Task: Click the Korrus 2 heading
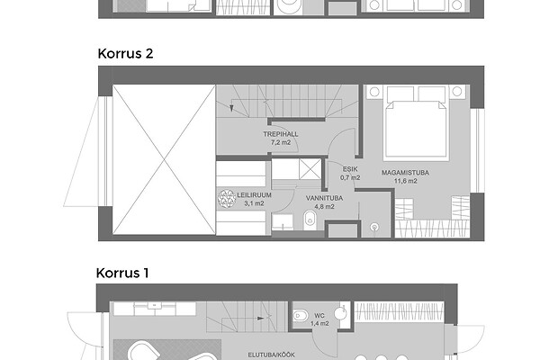[x=125, y=54]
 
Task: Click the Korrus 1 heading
[x=122, y=274]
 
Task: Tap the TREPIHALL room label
[x=281, y=134]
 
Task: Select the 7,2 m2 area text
[x=281, y=142]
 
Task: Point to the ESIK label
[x=350, y=169]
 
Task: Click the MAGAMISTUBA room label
[x=405, y=173]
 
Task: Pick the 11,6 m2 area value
[x=405, y=181]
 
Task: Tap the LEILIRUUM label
[x=254, y=195]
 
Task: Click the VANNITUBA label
[x=324, y=198]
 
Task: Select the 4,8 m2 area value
[x=324, y=207]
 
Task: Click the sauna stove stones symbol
[x=227, y=199]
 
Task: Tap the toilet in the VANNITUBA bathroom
[x=310, y=220]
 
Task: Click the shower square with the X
[x=310, y=169]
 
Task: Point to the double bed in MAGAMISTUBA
[x=416, y=128]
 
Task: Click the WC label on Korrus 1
[x=319, y=315]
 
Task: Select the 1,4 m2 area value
[x=319, y=323]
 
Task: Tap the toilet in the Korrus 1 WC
[x=301, y=315]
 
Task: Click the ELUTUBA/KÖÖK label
[x=272, y=355]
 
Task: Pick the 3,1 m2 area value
[x=254, y=203]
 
